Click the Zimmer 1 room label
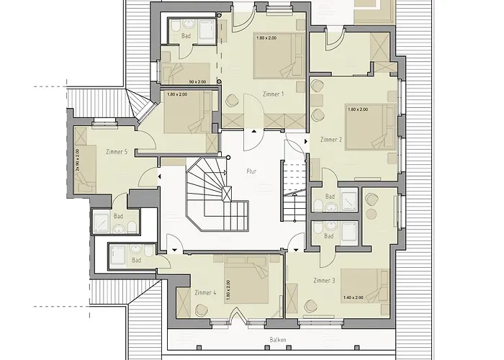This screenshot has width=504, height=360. point(273,94)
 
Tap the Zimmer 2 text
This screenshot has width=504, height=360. point(331,140)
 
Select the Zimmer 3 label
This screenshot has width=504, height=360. point(324,281)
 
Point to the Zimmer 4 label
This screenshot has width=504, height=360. point(205,292)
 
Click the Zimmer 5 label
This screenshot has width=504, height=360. point(117,152)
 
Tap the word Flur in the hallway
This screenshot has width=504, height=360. point(251,171)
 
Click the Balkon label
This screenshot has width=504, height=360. point(278,340)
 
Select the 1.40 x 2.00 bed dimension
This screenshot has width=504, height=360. point(354,297)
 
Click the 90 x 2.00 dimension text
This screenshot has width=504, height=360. point(197,82)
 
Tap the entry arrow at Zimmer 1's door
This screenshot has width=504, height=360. point(254,131)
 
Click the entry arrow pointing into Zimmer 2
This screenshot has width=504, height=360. point(306,141)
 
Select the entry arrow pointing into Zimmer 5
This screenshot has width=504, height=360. point(159,176)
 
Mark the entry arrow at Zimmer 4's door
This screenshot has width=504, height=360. point(174,250)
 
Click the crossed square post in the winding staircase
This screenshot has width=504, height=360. point(227,194)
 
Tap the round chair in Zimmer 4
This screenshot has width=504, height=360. point(202,310)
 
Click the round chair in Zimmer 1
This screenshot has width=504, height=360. point(231,100)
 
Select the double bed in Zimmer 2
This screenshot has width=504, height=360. point(370,127)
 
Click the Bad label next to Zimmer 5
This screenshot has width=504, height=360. point(118,216)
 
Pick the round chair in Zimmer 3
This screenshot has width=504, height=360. point(311,306)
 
